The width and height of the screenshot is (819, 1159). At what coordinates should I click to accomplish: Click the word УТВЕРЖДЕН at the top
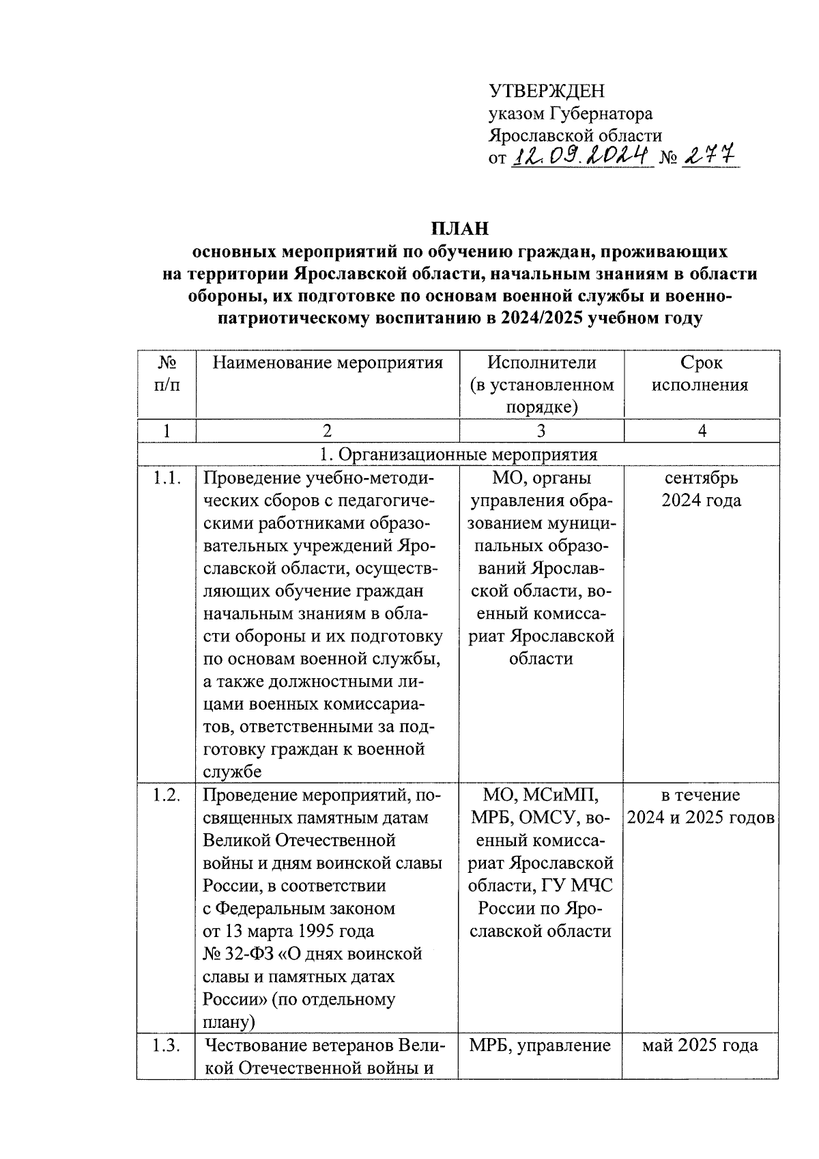pos(547,91)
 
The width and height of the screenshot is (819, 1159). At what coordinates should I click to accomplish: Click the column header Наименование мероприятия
pos(328,363)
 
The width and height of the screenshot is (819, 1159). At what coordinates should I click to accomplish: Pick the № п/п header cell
pos(167,374)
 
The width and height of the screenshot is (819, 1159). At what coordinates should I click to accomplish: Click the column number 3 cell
pos(541,430)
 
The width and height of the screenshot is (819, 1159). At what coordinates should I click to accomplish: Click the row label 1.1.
pos(167,478)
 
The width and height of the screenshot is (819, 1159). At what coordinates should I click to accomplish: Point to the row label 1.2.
pos(167,796)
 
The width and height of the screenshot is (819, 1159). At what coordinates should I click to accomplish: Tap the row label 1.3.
pos(167,1046)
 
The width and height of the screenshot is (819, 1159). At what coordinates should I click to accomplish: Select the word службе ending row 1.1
pos(232,772)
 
